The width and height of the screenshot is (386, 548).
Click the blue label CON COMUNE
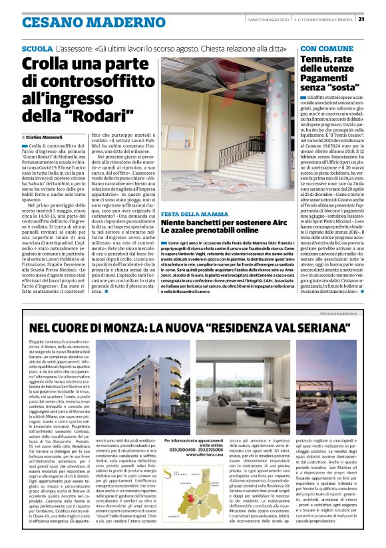[x=327, y=50]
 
